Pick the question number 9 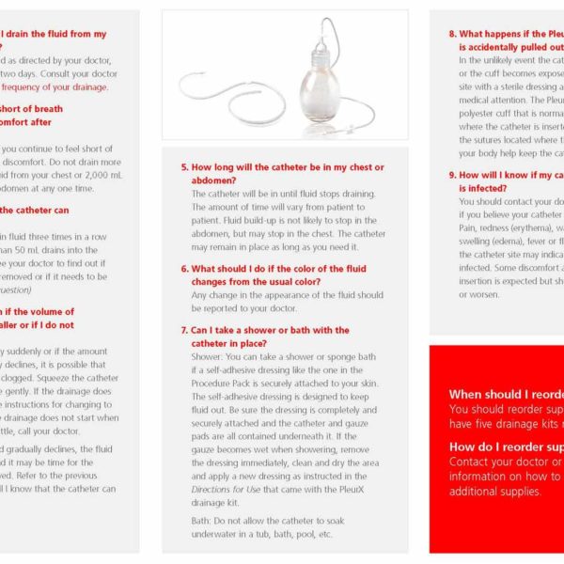452,175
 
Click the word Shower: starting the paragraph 208,356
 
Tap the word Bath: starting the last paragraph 202,520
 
